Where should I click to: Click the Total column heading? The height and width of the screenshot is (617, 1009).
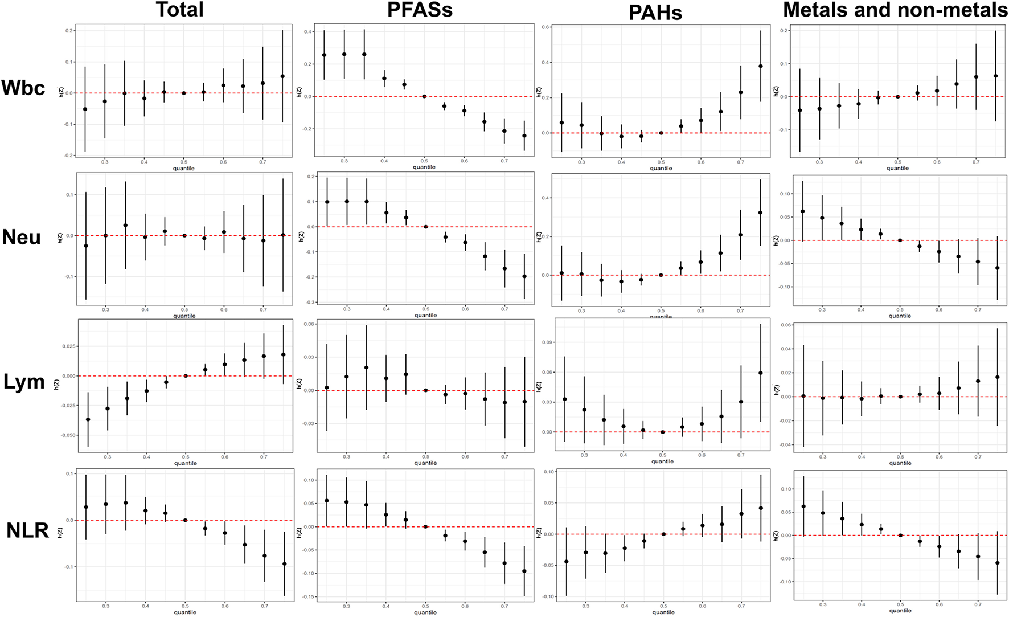pos(179,10)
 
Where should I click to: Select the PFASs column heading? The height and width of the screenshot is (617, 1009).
pos(420,10)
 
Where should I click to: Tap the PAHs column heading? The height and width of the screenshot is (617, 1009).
pos(655,13)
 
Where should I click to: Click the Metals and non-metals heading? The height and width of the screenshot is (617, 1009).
pos(895,10)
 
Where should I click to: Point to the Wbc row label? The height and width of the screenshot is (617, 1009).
pos(23,88)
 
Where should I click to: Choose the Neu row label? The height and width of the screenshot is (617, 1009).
pos(22,237)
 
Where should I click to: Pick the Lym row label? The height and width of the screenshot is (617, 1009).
pos(24,382)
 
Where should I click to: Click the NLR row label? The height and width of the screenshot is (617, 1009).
pos(27,530)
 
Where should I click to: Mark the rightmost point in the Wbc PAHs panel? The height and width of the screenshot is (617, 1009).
pos(760,66)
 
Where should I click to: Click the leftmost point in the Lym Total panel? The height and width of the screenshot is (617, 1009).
pos(88,419)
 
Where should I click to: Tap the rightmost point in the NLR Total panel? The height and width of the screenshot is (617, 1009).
pos(284,564)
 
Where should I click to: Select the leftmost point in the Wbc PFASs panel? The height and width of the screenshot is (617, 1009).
pos(324,55)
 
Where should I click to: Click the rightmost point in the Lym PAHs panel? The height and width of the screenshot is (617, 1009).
pos(761,373)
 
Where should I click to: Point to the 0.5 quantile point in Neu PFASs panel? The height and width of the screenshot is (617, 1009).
pos(425,227)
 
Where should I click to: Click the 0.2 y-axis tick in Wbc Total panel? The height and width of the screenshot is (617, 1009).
pos(69,31)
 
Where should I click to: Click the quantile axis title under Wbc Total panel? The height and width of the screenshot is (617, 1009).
pos(183,169)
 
